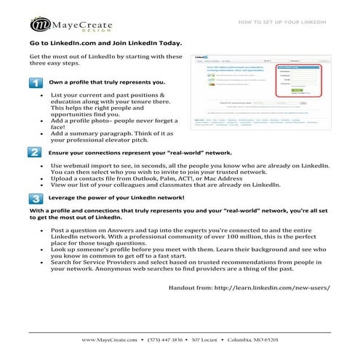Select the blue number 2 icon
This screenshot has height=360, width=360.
tap(36, 153)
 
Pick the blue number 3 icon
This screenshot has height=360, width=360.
tap(36, 198)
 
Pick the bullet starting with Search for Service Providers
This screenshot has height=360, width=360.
tap(182, 265)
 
